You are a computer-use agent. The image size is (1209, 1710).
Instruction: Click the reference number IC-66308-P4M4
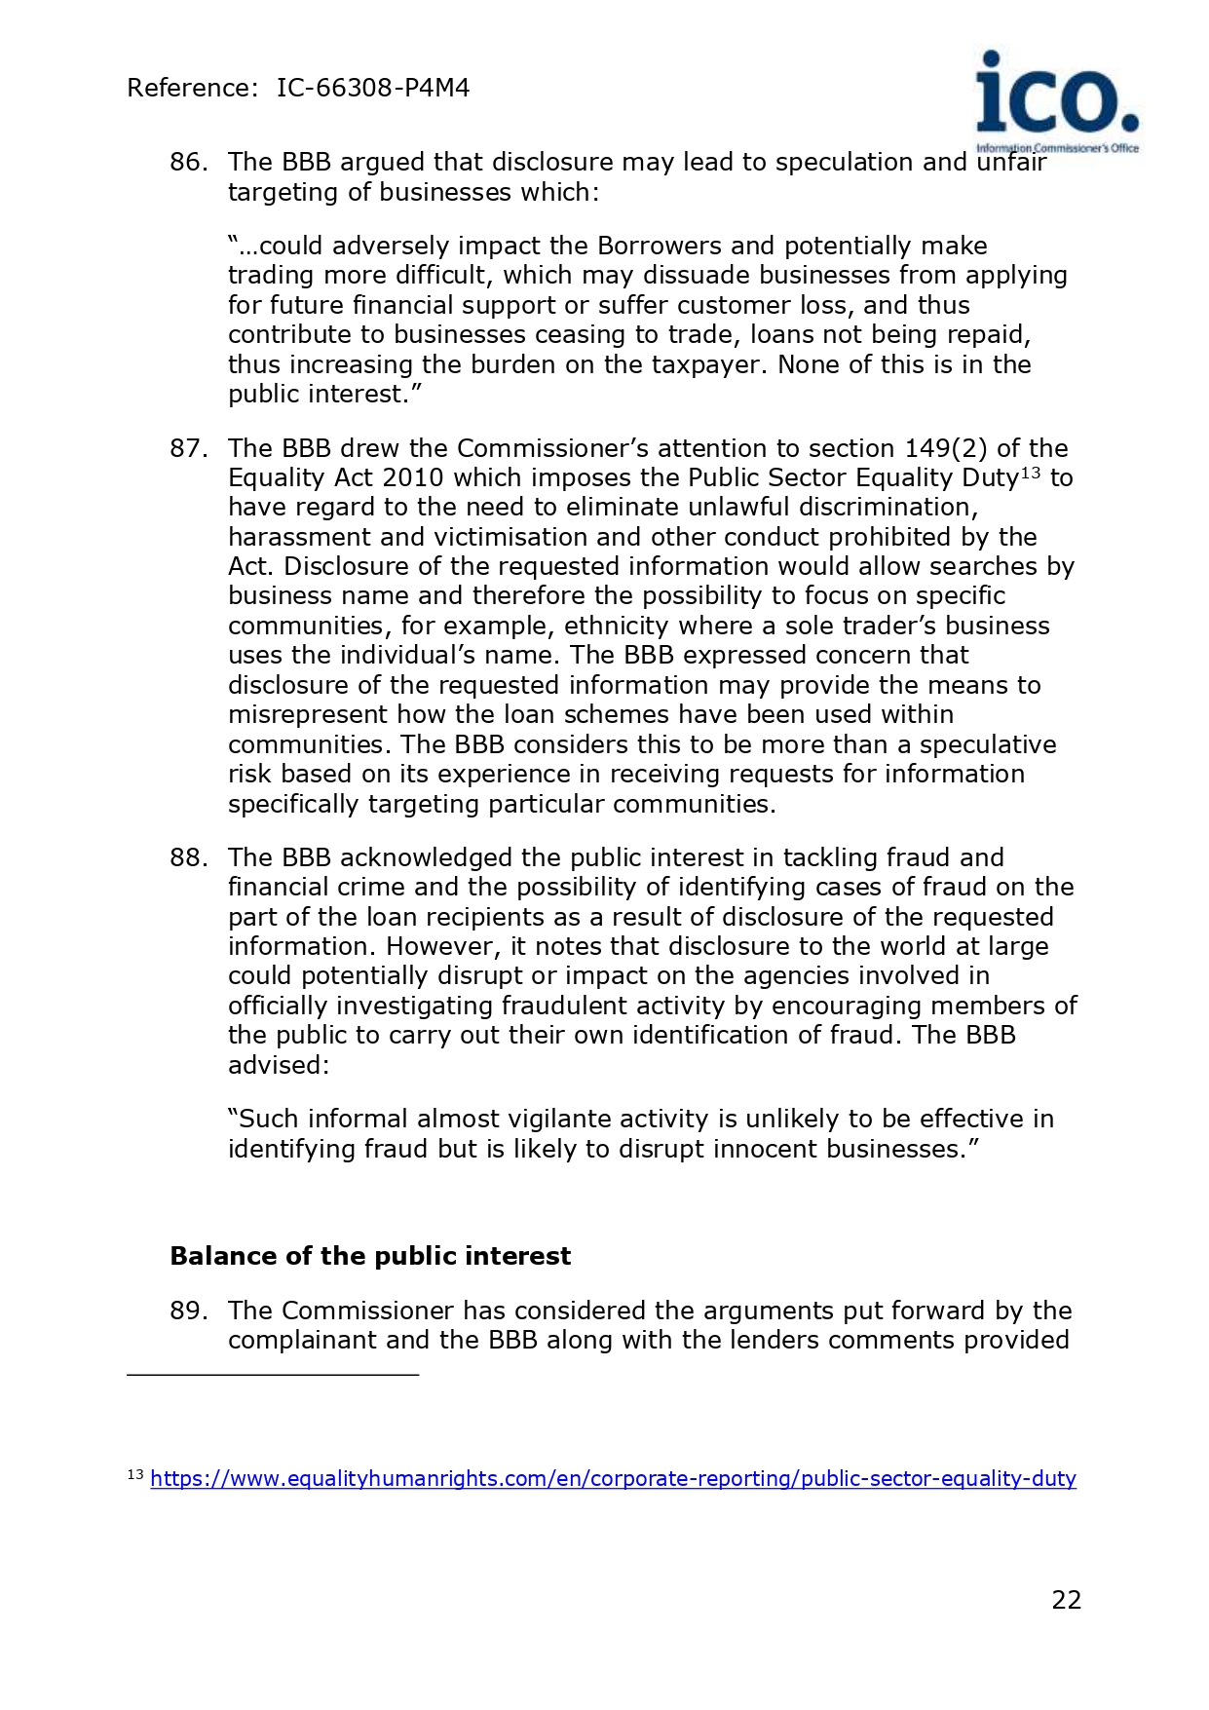pyautogui.click(x=373, y=88)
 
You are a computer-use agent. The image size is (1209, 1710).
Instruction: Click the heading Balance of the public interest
pyautogui.click(x=370, y=1256)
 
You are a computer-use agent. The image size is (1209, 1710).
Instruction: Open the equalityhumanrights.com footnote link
pyautogui.click(x=613, y=1478)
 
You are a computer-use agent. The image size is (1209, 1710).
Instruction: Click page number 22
pyautogui.click(x=1067, y=1600)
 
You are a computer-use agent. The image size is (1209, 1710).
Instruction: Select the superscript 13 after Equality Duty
pyautogui.click(x=1031, y=473)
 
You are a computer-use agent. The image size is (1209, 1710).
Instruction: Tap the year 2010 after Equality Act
pyautogui.click(x=413, y=477)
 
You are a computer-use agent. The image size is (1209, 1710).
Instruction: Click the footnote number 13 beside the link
pyautogui.click(x=135, y=1475)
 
